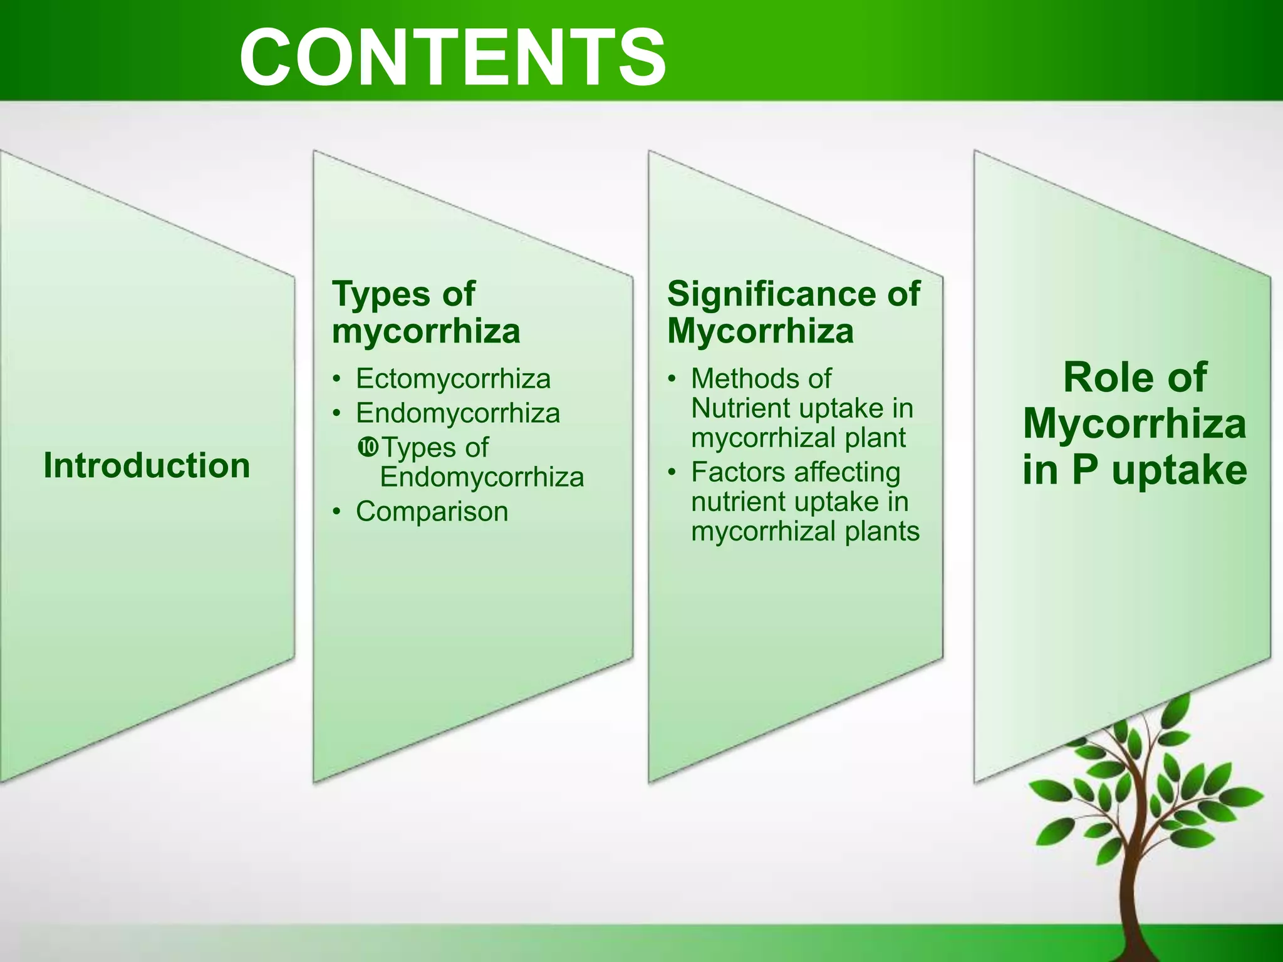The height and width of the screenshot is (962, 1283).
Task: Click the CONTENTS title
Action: pyautogui.click(x=452, y=58)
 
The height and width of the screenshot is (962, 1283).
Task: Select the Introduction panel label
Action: pyautogui.click(x=147, y=465)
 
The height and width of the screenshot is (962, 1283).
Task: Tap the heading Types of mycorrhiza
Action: pyautogui.click(x=426, y=312)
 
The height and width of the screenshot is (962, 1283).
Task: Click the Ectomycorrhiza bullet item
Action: pyautogui.click(x=453, y=378)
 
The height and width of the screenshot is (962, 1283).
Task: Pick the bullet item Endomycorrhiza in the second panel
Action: pyautogui.click(x=457, y=413)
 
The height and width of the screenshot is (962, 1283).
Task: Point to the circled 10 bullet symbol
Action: pyautogui.click(x=368, y=447)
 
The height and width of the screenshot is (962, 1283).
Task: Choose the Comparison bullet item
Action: pyautogui.click(x=432, y=511)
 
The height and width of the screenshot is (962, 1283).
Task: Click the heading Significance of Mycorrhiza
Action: pyautogui.click(x=793, y=312)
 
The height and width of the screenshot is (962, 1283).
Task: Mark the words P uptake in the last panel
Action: pyautogui.click(x=1159, y=470)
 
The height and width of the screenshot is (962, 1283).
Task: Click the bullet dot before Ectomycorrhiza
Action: pyautogui.click(x=337, y=379)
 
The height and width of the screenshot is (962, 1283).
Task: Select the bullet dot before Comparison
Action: pyautogui.click(x=337, y=512)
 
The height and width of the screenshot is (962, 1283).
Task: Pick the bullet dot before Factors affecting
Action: pyautogui.click(x=672, y=472)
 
